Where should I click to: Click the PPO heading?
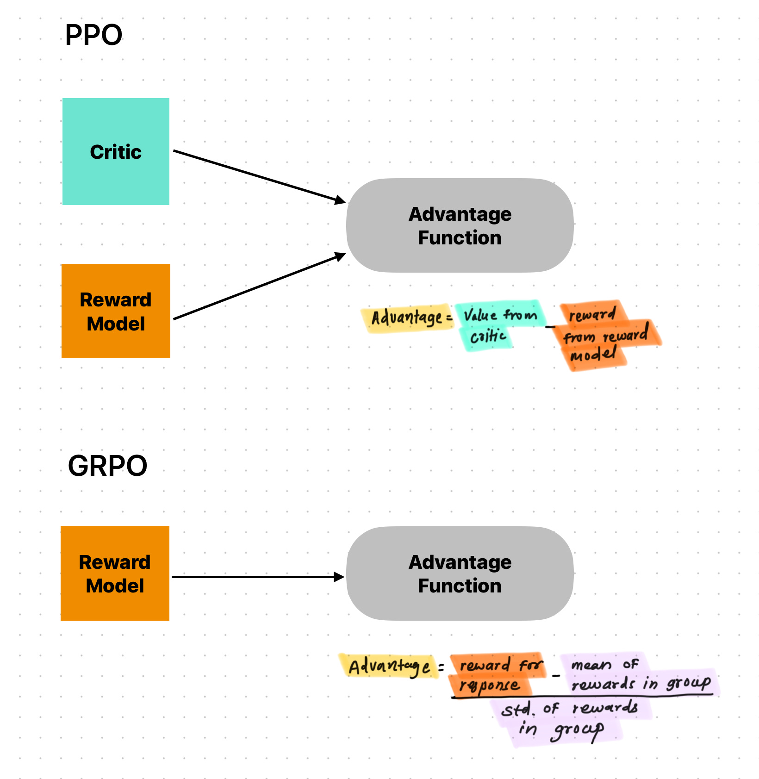[x=93, y=35]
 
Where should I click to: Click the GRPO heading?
[x=107, y=466]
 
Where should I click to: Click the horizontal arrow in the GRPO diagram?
[x=257, y=577]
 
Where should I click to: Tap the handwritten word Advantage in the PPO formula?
[x=407, y=318]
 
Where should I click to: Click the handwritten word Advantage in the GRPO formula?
[x=389, y=667]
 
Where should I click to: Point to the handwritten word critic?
[x=488, y=336]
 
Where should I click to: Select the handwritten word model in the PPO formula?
[x=593, y=355]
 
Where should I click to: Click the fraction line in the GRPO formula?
[x=582, y=696]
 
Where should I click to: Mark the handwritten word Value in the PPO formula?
[x=480, y=315]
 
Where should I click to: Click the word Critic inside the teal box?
[x=116, y=152]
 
